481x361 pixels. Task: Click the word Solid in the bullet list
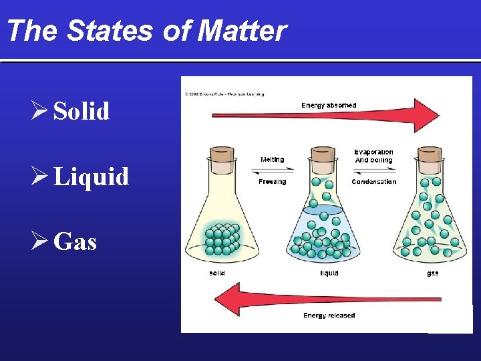pos(81,111)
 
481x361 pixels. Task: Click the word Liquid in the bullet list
pos(91,176)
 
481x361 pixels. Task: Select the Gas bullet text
pos(75,241)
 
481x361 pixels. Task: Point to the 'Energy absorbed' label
pos(329,105)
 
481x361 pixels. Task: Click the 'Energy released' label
pos(329,315)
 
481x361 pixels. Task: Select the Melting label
pos(272,160)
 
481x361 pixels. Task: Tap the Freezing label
pos(272,181)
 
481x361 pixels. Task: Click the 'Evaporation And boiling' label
pos(373,156)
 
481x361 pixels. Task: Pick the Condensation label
pos(373,181)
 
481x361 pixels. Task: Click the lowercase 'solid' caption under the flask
pos(217,273)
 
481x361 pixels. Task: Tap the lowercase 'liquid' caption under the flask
pos(329,273)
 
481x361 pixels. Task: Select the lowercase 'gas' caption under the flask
pos(433,273)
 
